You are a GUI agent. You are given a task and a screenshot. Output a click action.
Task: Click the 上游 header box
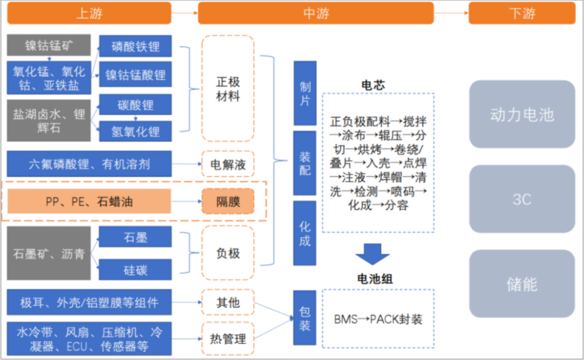point(89,13)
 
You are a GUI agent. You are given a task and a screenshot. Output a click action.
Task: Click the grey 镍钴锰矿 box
point(49,46)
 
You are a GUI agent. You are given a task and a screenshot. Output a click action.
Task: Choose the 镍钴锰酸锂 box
point(136,74)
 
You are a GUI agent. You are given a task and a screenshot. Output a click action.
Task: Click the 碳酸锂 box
point(136,105)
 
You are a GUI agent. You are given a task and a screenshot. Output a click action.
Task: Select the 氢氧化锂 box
point(136,131)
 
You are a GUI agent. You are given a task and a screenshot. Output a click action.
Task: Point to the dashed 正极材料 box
point(228,88)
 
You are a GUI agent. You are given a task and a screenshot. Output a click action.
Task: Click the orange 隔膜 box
point(228,200)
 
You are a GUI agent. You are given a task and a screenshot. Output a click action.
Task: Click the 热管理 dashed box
point(228,338)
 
